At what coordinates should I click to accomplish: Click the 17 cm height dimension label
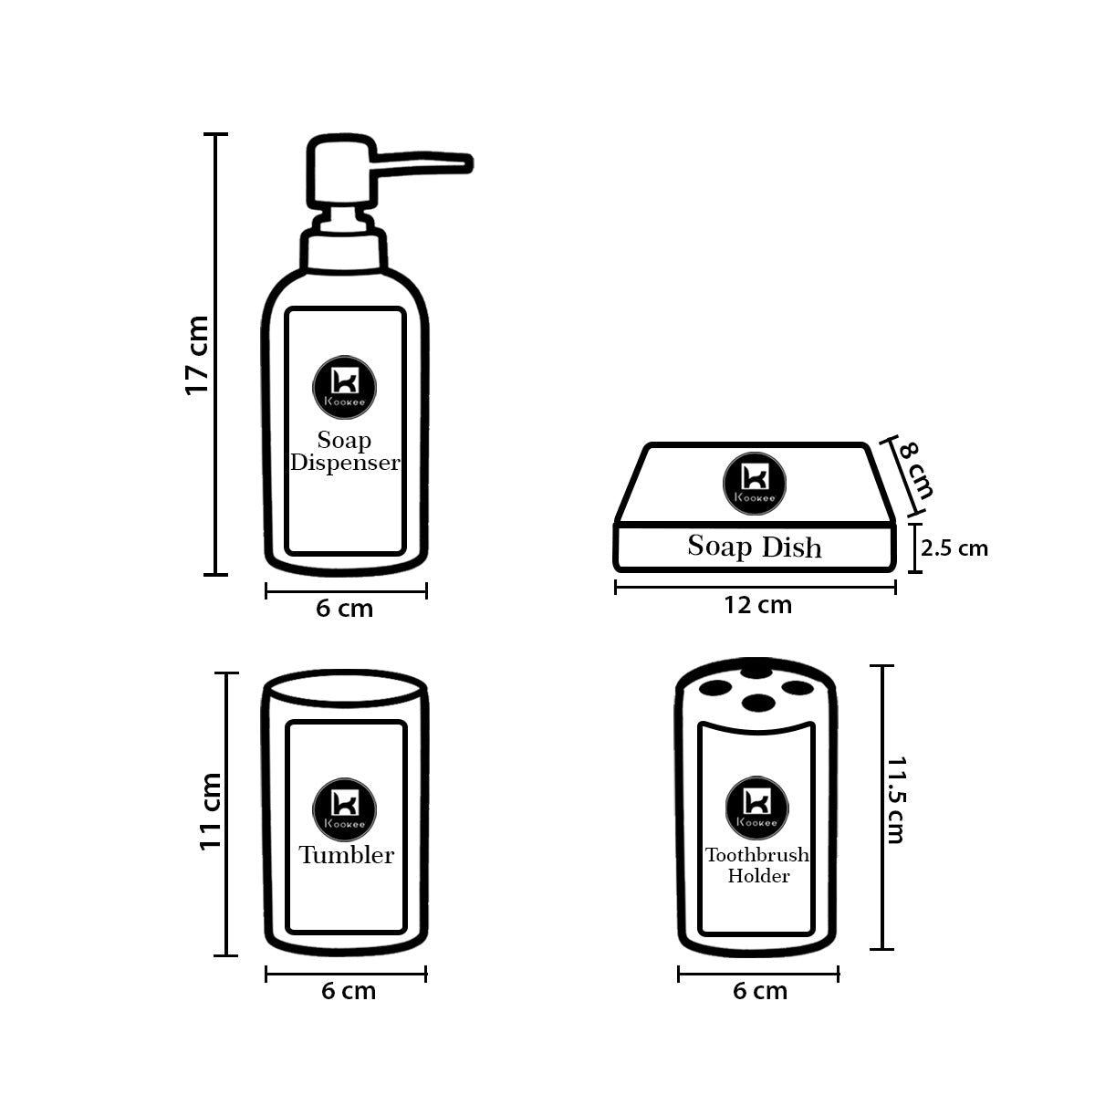pos(197,355)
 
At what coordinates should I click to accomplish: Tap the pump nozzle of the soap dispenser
pos(429,162)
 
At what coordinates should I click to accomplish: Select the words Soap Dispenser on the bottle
pos(345,452)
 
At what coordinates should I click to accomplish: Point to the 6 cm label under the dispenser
pos(345,609)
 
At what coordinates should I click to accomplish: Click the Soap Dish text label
pos(755,547)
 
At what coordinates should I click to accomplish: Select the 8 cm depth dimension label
pos(915,469)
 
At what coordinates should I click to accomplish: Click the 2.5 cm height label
pos(954,548)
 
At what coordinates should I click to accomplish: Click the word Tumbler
pos(347,855)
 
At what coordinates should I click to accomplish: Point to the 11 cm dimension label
pos(211,811)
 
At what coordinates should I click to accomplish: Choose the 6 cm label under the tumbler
pos(348,991)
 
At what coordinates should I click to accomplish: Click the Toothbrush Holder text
pos(757,865)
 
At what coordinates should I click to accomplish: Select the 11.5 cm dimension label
pos(896,799)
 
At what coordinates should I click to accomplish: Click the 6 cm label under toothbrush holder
pos(760,991)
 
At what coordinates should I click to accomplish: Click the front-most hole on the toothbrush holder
pos(756,703)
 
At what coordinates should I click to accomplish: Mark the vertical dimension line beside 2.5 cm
pos(915,547)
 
